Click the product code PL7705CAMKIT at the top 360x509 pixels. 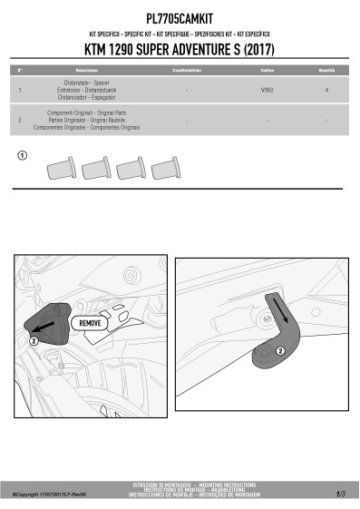pos(180,17)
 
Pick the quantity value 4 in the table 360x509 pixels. pos(326,92)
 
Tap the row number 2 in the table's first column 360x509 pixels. pos(20,119)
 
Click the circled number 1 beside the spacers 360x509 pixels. pos(23,157)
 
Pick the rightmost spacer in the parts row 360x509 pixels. pos(163,168)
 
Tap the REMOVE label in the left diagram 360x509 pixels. pos(91,323)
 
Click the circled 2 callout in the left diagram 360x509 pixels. pos(34,341)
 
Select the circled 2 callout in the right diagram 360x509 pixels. pos(280,350)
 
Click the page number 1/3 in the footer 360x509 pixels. pos(340,494)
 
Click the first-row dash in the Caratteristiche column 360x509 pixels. pos(186,92)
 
